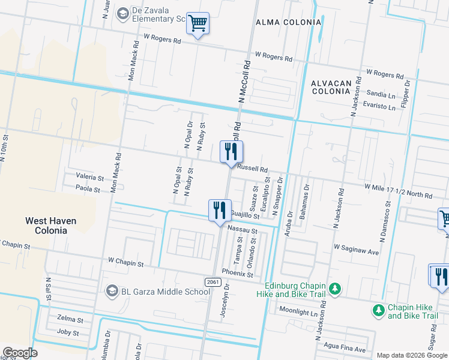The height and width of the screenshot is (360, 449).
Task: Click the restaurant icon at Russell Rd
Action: (231, 152)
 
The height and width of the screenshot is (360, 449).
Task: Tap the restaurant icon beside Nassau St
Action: (219, 211)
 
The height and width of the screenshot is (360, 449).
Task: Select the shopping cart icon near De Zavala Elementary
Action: (197, 24)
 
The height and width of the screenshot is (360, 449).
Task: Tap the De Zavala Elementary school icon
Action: (123, 13)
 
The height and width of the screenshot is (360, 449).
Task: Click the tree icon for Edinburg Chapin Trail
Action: (336, 289)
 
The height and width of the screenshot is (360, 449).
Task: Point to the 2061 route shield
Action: (212, 281)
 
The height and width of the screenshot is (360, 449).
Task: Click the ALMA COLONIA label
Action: (280, 22)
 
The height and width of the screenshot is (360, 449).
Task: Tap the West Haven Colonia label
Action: (50, 226)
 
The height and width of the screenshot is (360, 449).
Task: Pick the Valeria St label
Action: (90, 178)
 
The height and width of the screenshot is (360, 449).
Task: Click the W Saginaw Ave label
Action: (357, 250)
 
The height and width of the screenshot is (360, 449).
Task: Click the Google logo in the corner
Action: (20, 353)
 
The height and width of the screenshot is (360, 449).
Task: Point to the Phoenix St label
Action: (238, 273)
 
